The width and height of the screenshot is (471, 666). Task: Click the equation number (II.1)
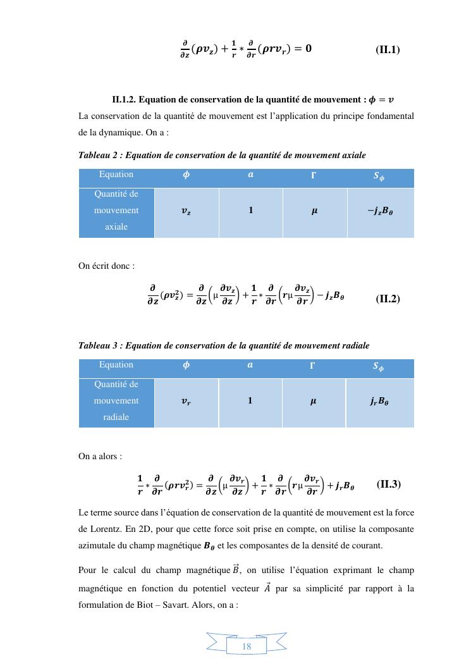[x=388, y=49]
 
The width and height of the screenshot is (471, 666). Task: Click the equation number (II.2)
[x=388, y=299]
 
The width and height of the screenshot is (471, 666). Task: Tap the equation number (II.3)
[x=388, y=484]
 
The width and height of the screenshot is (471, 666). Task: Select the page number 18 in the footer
[x=247, y=646]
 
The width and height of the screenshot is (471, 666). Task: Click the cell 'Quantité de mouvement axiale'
[x=116, y=211]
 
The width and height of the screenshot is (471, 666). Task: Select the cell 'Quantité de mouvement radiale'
[x=116, y=401]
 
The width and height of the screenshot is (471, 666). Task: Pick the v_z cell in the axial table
[x=186, y=212]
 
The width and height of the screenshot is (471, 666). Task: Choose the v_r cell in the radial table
[x=186, y=402]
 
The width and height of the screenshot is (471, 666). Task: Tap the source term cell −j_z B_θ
[x=380, y=212]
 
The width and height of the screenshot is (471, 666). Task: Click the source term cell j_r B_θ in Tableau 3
[x=380, y=402]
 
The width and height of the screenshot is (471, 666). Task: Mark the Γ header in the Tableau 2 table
[x=314, y=175]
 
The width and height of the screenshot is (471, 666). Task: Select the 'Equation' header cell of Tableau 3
[x=116, y=365]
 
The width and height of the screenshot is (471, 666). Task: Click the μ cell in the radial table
[x=314, y=402]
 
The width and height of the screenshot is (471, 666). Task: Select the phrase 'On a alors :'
[x=101, y=455]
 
